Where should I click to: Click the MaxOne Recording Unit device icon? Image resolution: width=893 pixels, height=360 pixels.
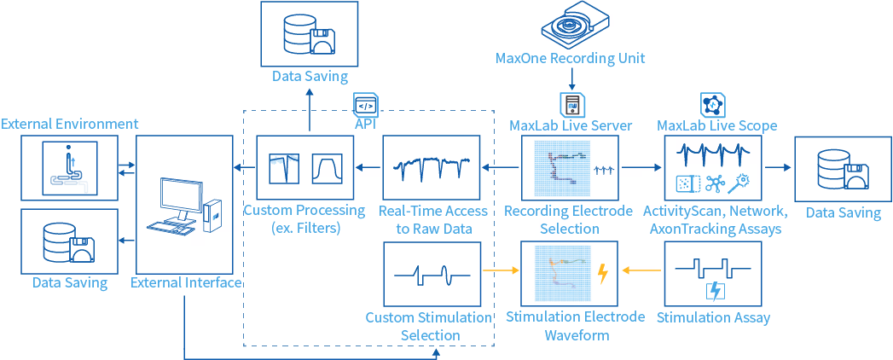click(570, 26)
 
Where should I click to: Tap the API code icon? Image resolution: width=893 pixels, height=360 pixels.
click(366, 104)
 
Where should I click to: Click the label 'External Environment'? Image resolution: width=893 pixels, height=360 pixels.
click(69, 123)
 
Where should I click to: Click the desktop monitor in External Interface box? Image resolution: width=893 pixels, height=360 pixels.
click(179, 201)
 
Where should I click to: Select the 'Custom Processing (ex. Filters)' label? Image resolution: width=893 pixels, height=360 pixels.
click(304, 219)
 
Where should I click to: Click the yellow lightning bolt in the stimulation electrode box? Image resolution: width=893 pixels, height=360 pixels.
click(602, 275)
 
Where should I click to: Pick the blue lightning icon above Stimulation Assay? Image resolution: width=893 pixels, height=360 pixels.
click(712, 291)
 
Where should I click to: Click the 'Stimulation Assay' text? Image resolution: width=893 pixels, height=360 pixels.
click(713, 318)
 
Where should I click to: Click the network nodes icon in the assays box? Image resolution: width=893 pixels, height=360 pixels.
click(714, 183)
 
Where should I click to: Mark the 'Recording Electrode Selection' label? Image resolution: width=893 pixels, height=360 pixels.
click(568, 219)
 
